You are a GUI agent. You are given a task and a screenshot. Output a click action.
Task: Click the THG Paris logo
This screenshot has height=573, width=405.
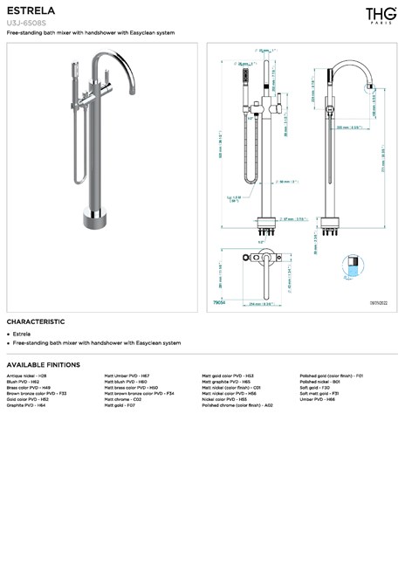[380, 15]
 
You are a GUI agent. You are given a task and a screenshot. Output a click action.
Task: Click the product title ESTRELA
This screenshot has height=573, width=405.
[31, 10]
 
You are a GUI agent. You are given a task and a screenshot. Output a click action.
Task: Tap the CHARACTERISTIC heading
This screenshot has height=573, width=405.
[36, 321]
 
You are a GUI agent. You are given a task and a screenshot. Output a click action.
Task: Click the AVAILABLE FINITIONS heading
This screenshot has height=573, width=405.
[43, 364]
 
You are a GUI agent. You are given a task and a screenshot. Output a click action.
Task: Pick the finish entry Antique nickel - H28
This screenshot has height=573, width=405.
[26, 375]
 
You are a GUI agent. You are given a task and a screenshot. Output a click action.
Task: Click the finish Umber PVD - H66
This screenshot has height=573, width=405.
[317, 399]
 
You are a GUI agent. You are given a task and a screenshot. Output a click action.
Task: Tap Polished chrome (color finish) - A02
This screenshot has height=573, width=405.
[237, 405]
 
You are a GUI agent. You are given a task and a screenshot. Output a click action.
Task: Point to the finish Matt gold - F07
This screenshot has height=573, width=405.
[120, 405]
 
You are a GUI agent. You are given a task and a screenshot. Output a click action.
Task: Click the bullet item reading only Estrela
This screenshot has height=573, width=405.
[22, 334]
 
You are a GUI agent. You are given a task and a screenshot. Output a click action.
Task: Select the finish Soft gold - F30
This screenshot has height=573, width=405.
[314, 387]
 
